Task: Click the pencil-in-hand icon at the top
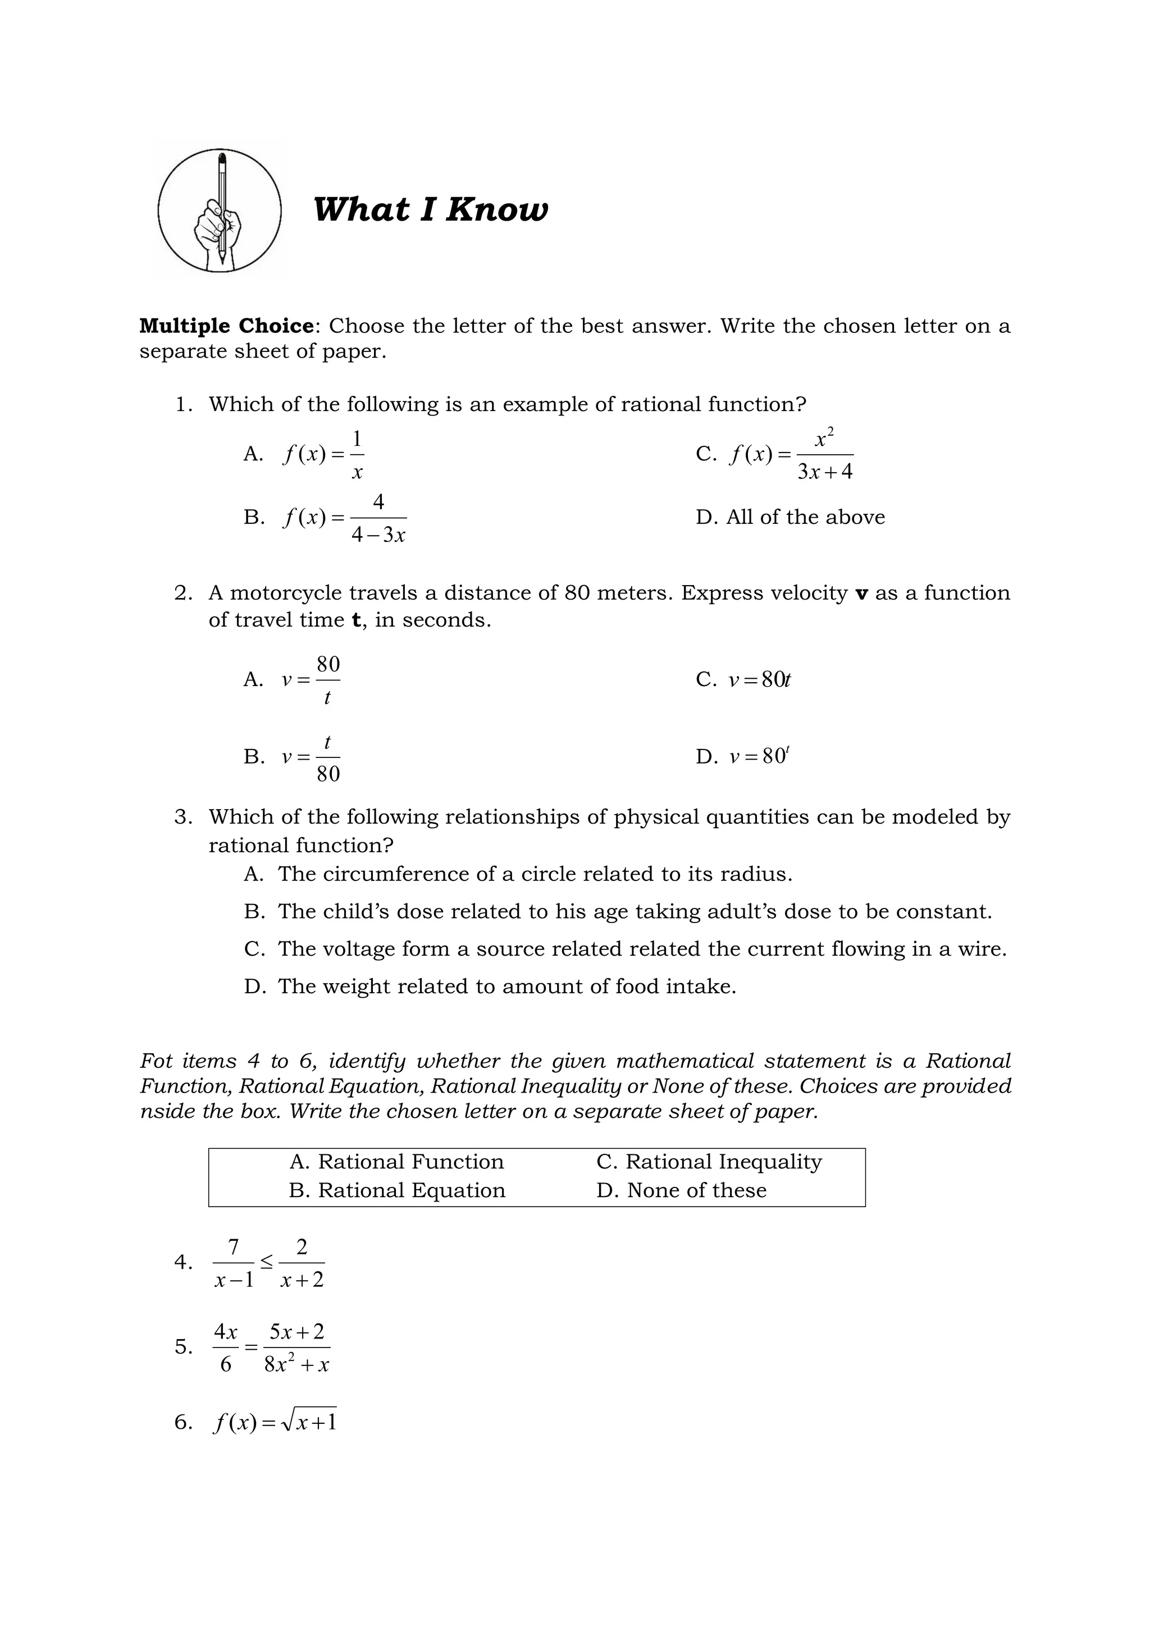220,211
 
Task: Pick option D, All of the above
790,517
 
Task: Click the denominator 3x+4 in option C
825,472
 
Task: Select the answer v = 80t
760,680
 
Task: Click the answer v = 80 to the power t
760,756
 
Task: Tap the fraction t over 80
328,758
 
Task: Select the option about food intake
506,986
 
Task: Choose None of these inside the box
696,1190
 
